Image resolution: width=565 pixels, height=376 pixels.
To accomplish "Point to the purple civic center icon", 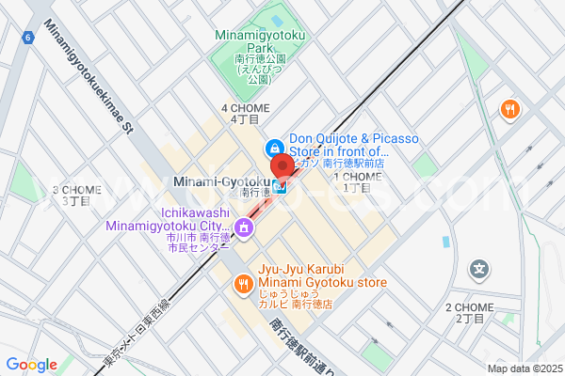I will tap(243, 227).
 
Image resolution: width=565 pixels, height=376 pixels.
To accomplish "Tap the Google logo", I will tap(31, 365).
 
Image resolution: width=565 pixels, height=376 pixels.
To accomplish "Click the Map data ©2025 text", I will tap(524, 368).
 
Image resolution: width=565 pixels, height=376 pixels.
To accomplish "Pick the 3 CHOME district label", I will tap(76, 195).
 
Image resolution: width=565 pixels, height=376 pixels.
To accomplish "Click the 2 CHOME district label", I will tap(470, 313).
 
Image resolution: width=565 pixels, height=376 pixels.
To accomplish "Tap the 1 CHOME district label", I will tap(357, 181).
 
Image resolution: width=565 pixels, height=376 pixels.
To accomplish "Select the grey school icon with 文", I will tap(481, 270).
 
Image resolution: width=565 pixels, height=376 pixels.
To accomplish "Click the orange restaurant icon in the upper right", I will tap(510, 110).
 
